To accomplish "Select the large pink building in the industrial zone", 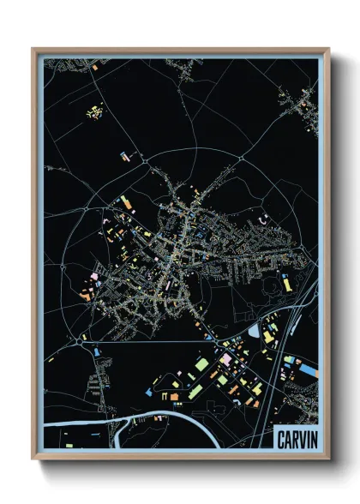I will tap(226, 359).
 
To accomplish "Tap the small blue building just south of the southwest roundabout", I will tap(96, 351).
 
